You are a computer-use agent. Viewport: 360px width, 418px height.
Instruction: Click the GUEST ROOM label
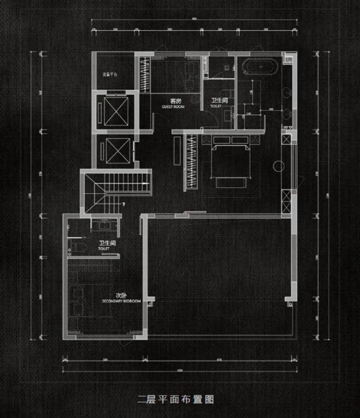(x=173, y=106)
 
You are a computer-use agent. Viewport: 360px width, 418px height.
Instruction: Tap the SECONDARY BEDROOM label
(x=122, y=301)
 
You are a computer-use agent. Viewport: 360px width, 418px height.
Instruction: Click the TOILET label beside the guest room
(x=216, y=105)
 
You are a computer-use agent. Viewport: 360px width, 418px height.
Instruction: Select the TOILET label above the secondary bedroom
(x=104, y=248)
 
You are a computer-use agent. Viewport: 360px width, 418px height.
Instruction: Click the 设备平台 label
(x=109, y=74)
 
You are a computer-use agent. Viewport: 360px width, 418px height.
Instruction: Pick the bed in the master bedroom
(x=231, y=163)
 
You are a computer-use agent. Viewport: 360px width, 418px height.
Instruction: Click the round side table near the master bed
(x=280, y=166)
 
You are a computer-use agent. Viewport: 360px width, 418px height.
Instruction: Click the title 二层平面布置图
(x=176, y=400)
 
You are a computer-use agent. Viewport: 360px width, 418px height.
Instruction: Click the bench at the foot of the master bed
(x=231, y=182)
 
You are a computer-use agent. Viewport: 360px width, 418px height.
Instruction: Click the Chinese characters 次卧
(x=121, y=295)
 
